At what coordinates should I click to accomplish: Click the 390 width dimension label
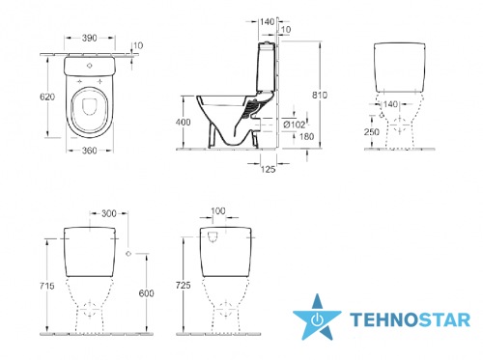click(x=89, y=38)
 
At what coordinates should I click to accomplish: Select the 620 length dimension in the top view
click(x=47, y=97)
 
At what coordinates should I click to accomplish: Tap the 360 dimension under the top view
click(x=89, y=151)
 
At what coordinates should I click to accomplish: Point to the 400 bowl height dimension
click(x=183, y=122)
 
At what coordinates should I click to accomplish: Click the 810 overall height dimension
click(x=320, y=95)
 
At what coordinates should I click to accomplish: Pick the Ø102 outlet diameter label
click(x=294, y=125)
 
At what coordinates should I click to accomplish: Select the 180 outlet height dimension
click(x=306, y=136)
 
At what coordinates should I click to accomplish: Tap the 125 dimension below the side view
click(x=268, y=169)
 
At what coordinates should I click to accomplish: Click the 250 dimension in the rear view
click(x=372, y=131)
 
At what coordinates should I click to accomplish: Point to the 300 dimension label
click(x=109, y=213)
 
